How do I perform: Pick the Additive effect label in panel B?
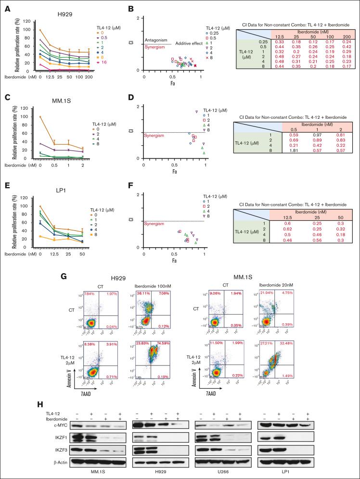[x=189, y=44]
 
